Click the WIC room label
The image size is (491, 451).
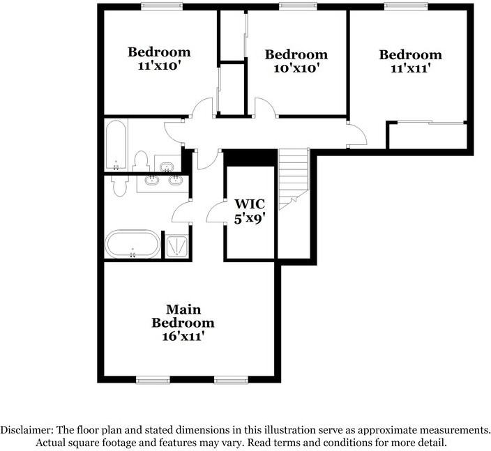tap(250, 204)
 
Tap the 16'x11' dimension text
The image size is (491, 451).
tap(183, 337)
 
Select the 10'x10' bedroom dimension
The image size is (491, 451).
tap(296, 68)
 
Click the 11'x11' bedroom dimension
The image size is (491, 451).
tap(410, 68)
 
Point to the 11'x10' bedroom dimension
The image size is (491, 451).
tap(160, 66)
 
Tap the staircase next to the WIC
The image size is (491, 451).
tap(294, 179)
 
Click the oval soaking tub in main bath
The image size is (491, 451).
tap(133, 244)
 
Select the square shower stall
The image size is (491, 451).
tap(176, 247)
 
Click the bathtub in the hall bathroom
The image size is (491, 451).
tap(116, 145)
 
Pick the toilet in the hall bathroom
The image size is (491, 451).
tap(141, 161)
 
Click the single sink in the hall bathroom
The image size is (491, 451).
tap(167, 167)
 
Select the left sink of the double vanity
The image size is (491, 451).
tap(152, 181)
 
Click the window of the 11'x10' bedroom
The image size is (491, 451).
tap(161, 6)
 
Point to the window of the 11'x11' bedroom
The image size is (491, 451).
tap(406, 6)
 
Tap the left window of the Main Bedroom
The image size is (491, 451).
tap(153, 380)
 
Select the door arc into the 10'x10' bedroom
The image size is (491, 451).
tap(265, 107)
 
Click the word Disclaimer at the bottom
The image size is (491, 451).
tap(27, 429)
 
